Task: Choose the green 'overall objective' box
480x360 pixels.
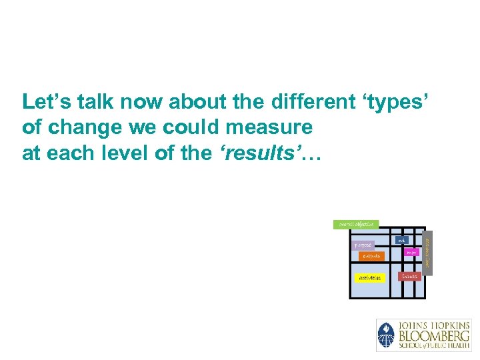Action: coord(356,225)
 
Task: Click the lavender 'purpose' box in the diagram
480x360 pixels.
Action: coord(363,245)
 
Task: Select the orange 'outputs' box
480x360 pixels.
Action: coord(371,256)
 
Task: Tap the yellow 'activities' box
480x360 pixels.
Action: coord(369,277)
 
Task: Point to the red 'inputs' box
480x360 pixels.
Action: coord(409,275)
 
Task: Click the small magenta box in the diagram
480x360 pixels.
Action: coord(412,253)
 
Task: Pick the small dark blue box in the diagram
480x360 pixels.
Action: coord(401,240)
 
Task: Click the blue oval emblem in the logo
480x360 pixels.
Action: coord(386,335)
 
